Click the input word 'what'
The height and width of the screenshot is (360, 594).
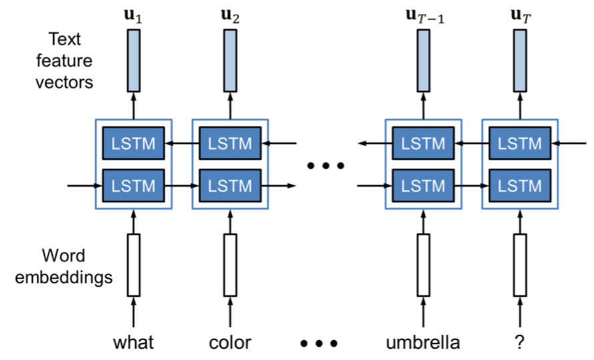(133, 343)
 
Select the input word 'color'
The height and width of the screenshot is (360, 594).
(230, 343)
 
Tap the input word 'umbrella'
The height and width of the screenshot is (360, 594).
(423, 343)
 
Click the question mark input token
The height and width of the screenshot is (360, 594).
(520, 342)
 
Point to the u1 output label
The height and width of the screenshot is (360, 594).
(133, 16)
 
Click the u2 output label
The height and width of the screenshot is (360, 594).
(230, 16)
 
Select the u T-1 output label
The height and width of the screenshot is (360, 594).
(425, 16)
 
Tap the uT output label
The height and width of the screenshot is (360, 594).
(521, 16)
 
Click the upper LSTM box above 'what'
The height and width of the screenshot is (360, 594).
(133, 143)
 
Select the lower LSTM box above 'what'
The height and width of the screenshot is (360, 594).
(133, 186)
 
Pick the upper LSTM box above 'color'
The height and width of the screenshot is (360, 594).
(230, 143)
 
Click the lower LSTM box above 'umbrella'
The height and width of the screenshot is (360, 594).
(423, 186)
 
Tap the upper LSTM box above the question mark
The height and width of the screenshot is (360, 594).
(520, 143)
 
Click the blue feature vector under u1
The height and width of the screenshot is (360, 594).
(133, 61)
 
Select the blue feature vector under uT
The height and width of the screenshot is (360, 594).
(520, 61)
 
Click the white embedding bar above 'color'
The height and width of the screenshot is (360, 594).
(230, 265)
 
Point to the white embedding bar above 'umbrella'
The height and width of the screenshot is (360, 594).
(423, 265)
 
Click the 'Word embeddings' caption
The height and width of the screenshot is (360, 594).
(63, 267)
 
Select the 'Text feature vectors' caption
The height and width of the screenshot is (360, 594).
(64, 61)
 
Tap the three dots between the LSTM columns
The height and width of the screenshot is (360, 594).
(326, 165)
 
